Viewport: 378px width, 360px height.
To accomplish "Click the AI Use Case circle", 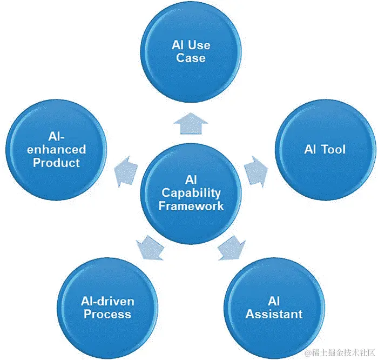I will tap(191, 51).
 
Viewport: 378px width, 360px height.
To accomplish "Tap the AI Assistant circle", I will tap(274, 307).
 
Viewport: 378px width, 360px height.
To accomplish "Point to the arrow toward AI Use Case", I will tap(191, 123).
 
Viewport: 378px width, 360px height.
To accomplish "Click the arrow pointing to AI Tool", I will tap(255, 172).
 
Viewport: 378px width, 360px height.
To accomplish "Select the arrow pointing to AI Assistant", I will tap(231, 248).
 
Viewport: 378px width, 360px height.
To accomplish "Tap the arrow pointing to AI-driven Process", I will tap(150, 248).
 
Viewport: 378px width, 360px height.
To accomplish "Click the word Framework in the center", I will tap(191, 206).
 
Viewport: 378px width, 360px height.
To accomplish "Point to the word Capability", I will tap(191, 192).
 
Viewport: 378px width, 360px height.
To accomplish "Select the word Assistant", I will tap(274, 314).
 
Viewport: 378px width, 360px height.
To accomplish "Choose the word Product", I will tap(56, 163).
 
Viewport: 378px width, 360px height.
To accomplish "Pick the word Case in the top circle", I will tap(191, 57).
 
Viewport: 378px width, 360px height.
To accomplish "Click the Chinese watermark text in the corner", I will tap(339, 352).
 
